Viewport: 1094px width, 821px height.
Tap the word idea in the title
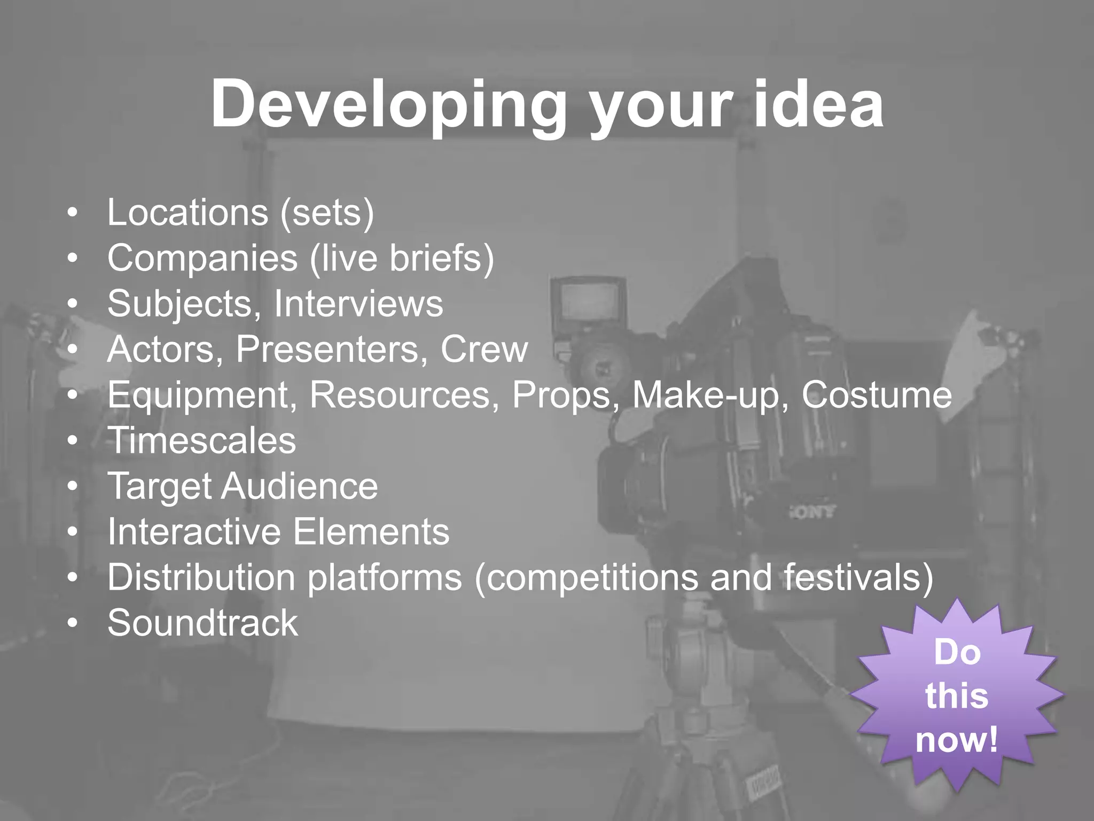[818, 104]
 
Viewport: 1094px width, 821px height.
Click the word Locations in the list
[187, 213]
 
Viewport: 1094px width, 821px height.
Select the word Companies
[202, 259]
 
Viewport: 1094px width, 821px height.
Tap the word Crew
[484, 350]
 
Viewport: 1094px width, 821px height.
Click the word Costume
[877, 396]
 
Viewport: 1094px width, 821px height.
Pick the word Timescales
[202, 441]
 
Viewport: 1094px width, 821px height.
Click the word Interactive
[194, 532]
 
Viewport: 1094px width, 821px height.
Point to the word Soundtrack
[202, 623]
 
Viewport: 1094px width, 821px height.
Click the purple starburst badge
[956, 695]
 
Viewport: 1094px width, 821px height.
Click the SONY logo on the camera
[811, 512]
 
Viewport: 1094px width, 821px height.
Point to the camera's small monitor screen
[589, 306]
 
